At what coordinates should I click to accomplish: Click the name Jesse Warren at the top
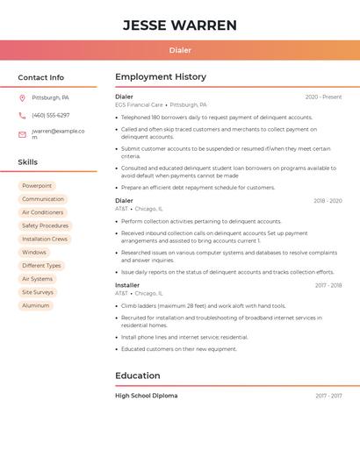180,25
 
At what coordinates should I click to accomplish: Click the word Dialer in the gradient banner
180,50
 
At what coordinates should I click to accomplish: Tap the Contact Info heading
40,77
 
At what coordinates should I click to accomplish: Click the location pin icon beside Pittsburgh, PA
22,98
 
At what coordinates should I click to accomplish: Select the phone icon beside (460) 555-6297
22,116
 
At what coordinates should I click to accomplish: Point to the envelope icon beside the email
22,134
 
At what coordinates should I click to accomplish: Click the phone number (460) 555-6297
50,116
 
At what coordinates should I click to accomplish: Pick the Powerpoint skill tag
37,186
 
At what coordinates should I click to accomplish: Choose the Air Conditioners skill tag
42,212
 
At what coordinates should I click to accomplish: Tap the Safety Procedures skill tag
45,225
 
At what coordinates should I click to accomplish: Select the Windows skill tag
34,252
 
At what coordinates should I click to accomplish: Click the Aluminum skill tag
36,305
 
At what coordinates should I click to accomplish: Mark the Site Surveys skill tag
38,292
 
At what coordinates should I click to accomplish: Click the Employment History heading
161,77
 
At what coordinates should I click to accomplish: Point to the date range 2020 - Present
323,97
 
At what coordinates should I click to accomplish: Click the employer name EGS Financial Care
139,104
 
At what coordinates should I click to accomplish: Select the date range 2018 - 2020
328,201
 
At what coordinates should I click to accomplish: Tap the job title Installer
127,285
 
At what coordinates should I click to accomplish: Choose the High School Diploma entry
146,396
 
